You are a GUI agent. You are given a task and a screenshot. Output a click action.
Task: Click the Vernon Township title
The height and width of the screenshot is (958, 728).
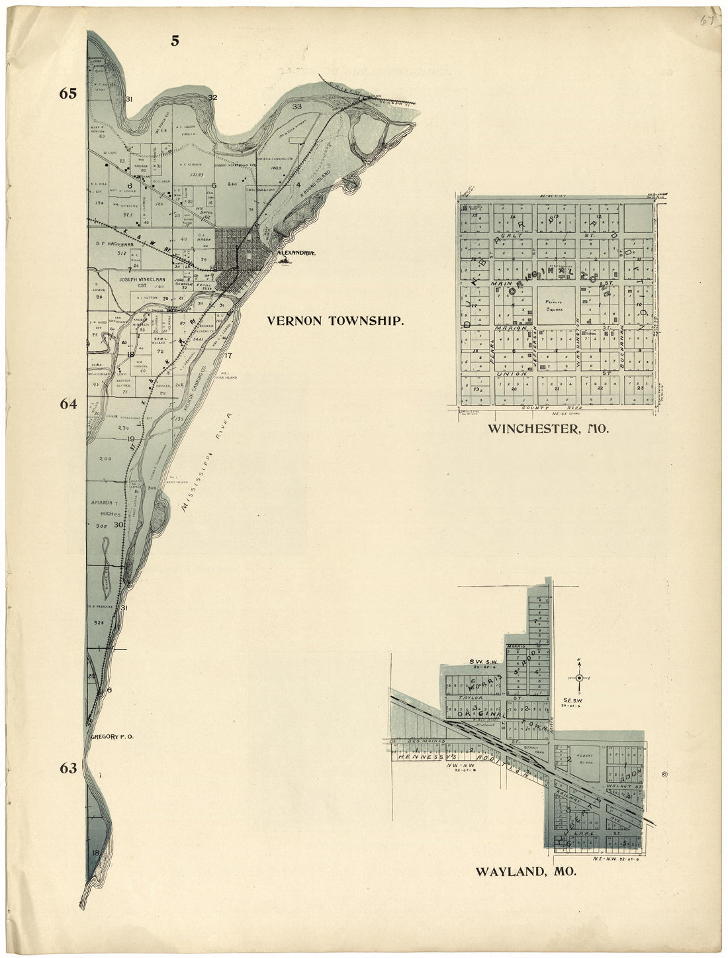click(335, 320)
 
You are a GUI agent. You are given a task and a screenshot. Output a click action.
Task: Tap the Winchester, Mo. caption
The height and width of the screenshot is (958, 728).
click(547, 429)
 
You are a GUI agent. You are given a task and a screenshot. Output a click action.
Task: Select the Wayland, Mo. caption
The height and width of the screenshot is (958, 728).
click(525, 871)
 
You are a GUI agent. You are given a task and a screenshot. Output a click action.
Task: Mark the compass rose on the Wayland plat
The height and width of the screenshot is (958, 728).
click(579, 677)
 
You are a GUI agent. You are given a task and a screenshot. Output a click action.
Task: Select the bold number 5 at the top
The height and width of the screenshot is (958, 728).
click(175, 40)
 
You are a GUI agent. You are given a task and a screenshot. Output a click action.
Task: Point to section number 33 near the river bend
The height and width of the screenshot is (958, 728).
click(297, 107)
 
